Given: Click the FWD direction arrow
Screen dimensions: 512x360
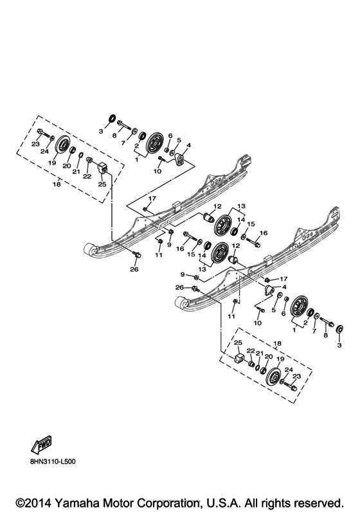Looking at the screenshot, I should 40,445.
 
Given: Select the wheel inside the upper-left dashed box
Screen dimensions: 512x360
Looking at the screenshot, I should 62,147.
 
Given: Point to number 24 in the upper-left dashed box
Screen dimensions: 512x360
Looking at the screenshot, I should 44,152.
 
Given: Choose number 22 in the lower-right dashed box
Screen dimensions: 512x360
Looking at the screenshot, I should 251,351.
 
